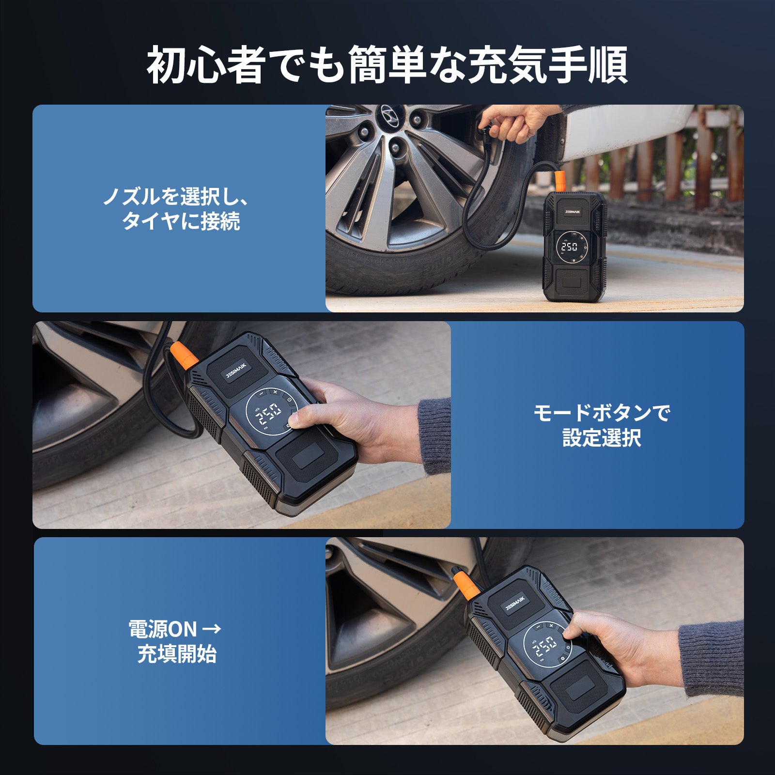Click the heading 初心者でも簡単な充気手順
pyautogui.click(x=387, y=64)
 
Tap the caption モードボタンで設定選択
pyautogui.click(x=602, y=425)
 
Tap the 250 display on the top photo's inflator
pyautogui.click(x=569, y=247)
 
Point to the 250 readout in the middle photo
pyautogui.click(x=269, y=413)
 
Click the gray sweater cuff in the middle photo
pyautogui.click(x=434, y=434)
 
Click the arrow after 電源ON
pyautogui.click(x=211, y=630)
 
